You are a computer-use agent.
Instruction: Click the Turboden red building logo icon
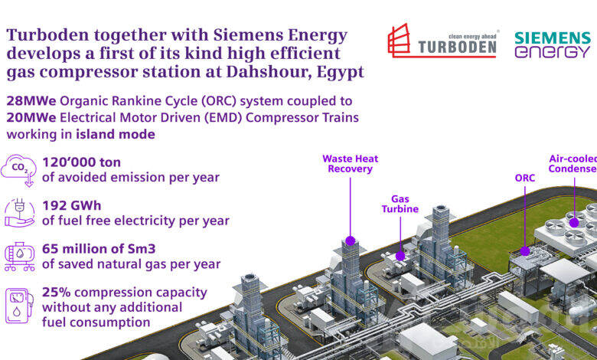click(399, 41)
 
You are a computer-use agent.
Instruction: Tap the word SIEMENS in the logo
click(553, 38)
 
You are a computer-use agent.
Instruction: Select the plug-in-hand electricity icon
click(20, 213)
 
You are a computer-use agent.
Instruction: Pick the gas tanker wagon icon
click(20, 257)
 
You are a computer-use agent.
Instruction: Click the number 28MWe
click(31, 101)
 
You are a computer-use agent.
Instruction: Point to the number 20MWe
click(31, 117)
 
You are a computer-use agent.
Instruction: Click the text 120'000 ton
click(81, 162)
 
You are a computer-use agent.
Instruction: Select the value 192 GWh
click(72, 206)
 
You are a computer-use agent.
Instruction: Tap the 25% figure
click(57, 292)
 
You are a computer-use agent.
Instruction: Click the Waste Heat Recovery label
click(351, 164)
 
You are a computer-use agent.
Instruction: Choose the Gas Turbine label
click(400, 204)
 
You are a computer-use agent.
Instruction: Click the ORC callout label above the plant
click(525, 178)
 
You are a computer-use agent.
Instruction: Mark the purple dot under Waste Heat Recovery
click(351, 241)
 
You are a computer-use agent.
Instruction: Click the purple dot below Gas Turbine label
click(400, 256)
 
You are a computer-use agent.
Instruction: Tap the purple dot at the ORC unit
click(525, 250)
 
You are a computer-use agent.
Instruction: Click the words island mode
click(116, 134)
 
